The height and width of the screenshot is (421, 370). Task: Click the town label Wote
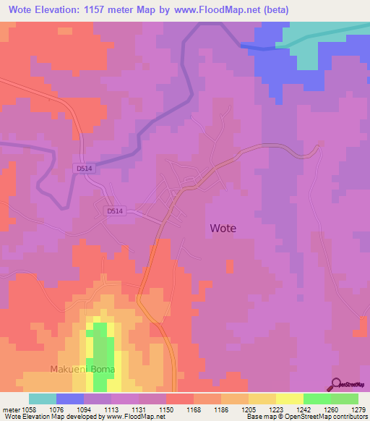(x=223, y=228)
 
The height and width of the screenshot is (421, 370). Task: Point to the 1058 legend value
(x=29, y=409)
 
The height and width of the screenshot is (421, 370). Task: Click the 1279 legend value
(x=357, y=409)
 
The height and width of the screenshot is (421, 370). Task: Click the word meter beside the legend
(x=9, y=409)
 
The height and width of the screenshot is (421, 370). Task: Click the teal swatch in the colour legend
(x=42, y=399)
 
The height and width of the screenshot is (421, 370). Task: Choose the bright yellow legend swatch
(x=289, y=399)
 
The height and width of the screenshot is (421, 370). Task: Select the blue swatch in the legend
(x=69, y=399)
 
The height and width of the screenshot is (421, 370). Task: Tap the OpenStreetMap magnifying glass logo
(x=337, y=383)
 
